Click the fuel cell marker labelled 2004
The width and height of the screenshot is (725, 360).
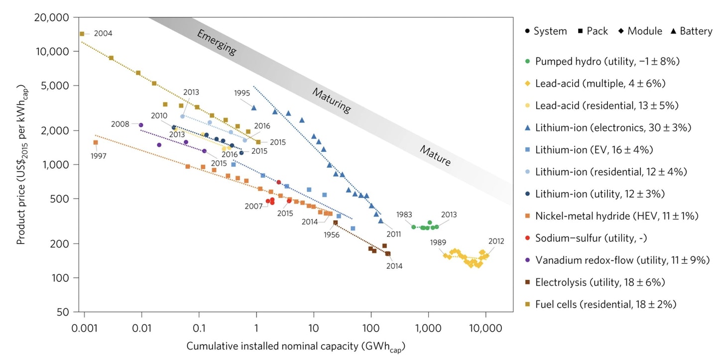(x=82, y=34)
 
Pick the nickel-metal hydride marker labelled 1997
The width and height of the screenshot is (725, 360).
(x=96, y=142)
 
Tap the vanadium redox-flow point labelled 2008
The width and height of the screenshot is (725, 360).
(x=141, y=125)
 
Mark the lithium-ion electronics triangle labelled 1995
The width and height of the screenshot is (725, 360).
(x=254, y=108)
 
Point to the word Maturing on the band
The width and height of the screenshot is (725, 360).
(x=331, y=101)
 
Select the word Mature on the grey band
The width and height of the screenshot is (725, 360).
(x=435, y=155)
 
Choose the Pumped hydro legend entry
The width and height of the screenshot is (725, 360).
(x=607, y=62)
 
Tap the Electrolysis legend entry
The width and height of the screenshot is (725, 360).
(x=600, y=282)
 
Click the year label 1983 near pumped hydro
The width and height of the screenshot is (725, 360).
(x=404, y=214)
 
